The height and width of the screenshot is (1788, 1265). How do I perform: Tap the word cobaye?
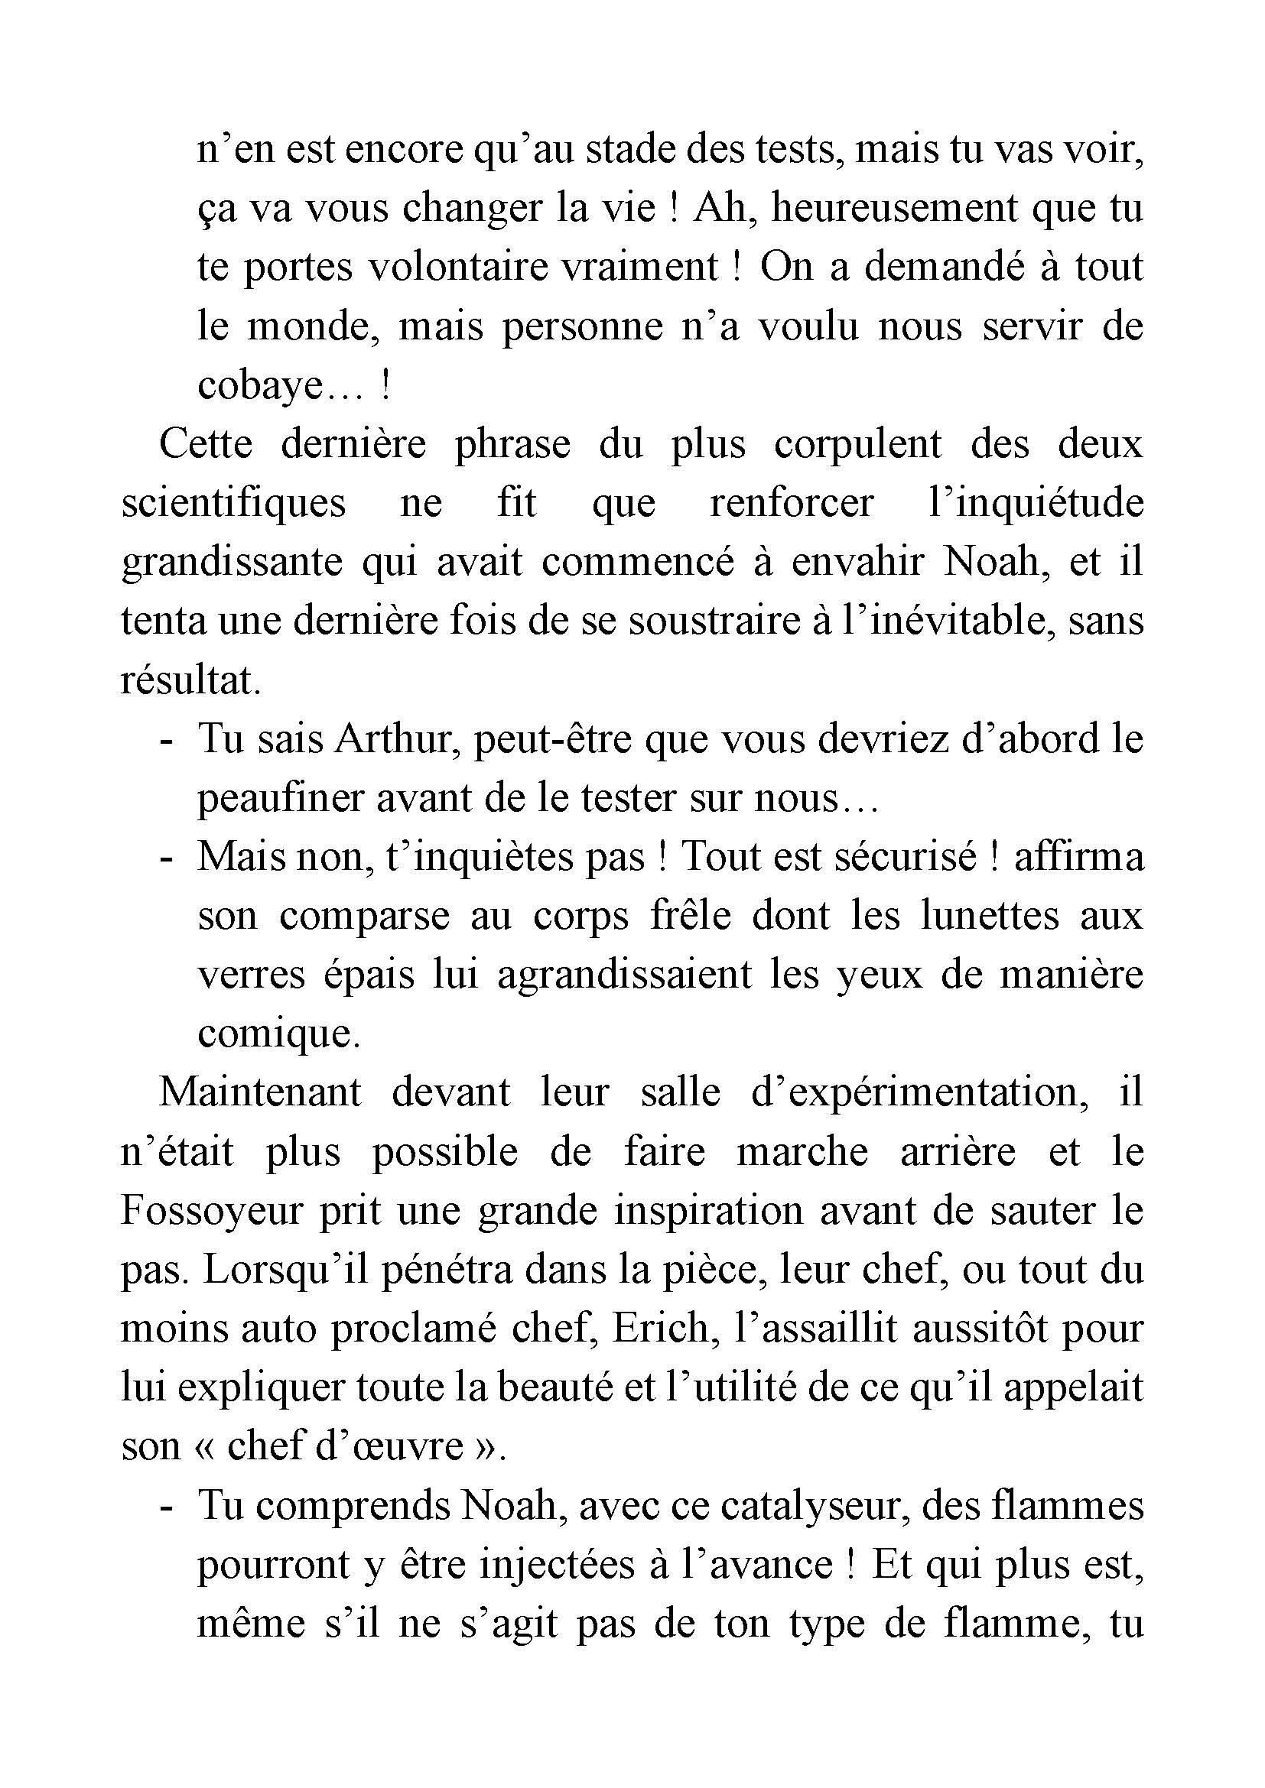(259, 385)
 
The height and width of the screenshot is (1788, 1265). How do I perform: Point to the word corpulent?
(857, 444)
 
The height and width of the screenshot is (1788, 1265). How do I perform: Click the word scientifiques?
(233, 502)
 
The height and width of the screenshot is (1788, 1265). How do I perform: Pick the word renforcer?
(791, 502)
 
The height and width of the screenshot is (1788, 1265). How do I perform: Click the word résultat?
(190, 680)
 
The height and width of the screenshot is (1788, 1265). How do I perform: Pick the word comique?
(278, 1034)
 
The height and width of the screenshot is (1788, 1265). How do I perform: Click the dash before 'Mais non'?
(164, 858)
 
